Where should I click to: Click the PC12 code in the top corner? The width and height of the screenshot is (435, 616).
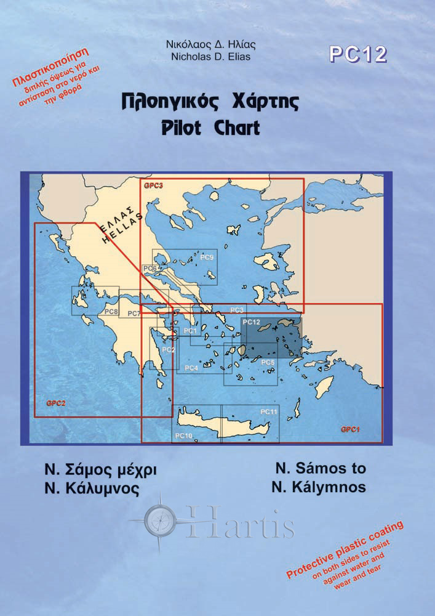(357, 55)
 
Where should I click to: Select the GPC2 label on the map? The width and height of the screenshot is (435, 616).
(56, 403)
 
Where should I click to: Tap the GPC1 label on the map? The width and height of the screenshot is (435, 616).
(349, 429)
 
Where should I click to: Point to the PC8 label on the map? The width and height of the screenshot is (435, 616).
(111, 312)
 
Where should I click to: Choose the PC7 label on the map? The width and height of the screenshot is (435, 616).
(134, 314)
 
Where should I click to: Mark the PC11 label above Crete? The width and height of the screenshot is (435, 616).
(269, 411)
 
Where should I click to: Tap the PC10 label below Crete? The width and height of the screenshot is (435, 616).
(184, 436)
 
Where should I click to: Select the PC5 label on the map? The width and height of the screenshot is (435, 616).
(268, 362)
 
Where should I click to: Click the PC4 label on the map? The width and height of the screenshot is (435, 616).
(191, 368)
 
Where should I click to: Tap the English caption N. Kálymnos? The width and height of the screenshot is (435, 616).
(318, 487)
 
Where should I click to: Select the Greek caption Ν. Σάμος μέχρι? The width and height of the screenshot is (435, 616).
(97, 469)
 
